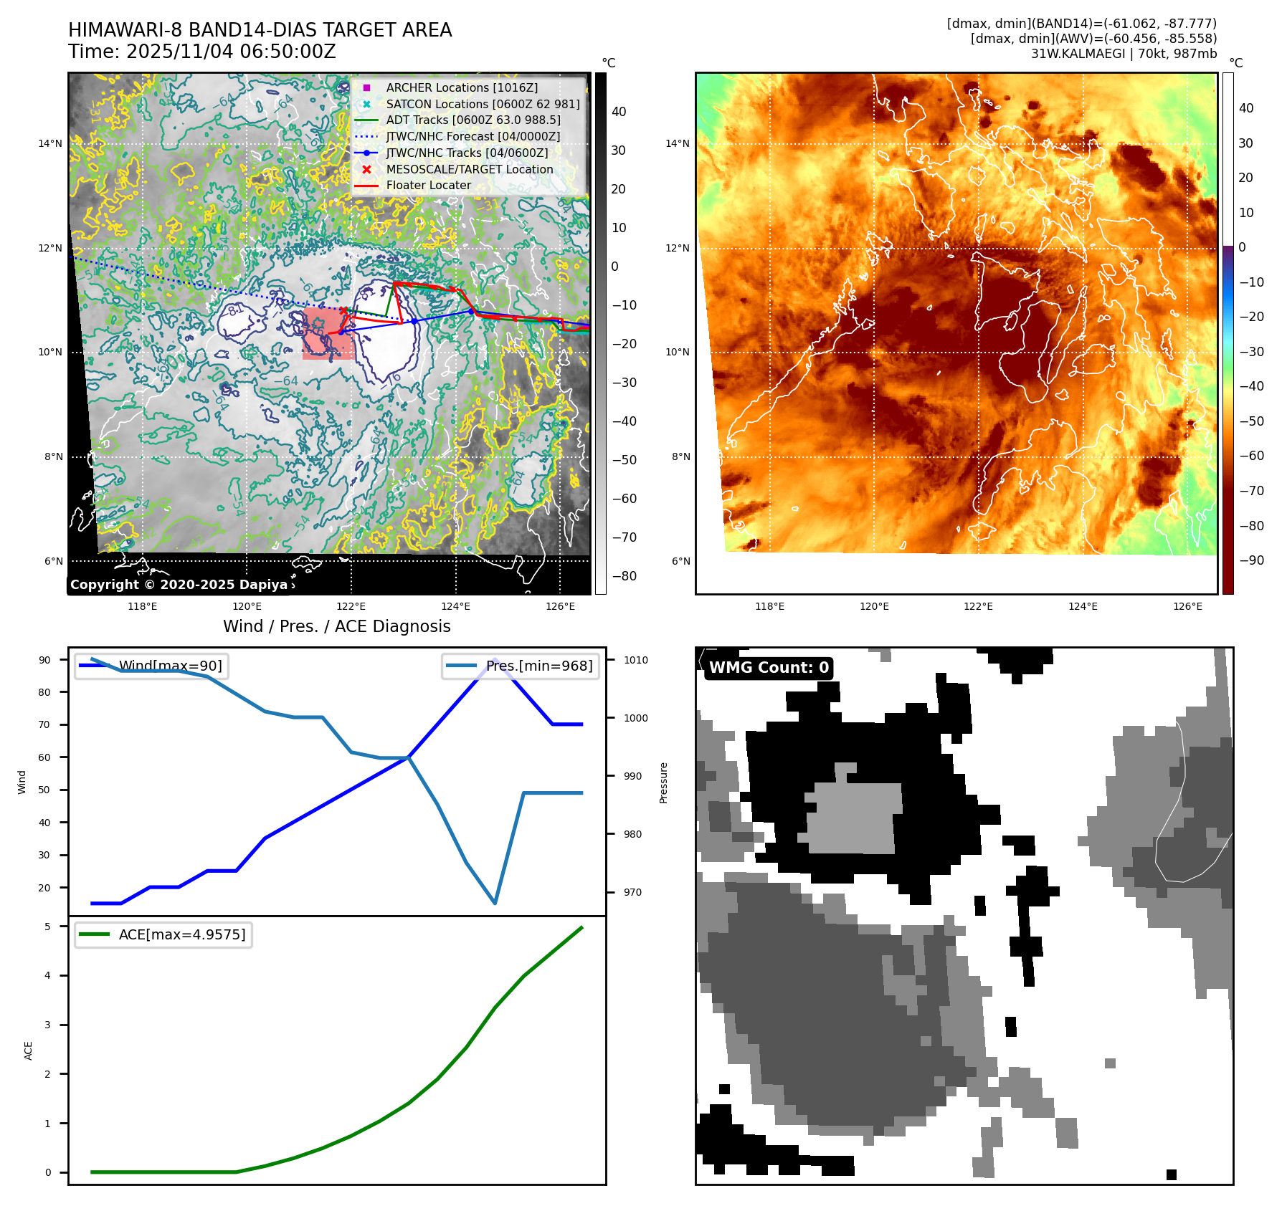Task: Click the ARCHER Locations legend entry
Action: [461, 87]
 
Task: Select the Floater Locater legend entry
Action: [428, 185]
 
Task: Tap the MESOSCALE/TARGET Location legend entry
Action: [469, 169]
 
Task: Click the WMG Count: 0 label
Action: [769, 668]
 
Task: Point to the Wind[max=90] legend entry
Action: [170, 666]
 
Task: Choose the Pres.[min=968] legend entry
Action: [538, 666]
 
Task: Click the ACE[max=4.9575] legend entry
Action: [181, 934]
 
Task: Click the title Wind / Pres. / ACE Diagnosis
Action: [336, 626]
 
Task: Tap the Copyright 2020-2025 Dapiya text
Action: [179, 585]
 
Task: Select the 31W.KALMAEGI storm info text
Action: [1124, 54]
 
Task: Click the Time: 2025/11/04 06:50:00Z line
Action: [202, 52]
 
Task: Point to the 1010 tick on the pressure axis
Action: [635, 660]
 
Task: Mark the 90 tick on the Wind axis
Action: [44, 660]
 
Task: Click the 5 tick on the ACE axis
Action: [47, 927]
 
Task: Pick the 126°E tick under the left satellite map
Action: [560, 606]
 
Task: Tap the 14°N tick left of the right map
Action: [677, 143]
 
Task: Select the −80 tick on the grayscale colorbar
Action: [624, 576]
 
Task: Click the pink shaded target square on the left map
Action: [328, 334]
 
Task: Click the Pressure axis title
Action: [663, 782]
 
